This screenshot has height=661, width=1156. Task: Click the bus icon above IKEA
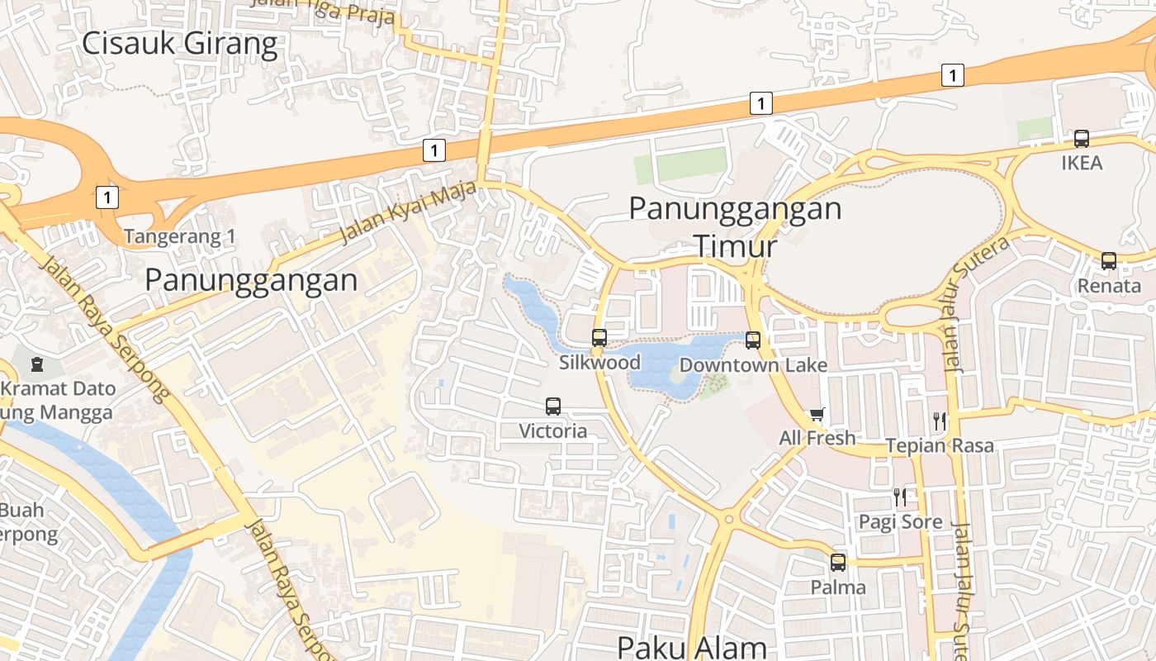[x=1082, y=139]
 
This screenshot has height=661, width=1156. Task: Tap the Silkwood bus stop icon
[x=599, y=337]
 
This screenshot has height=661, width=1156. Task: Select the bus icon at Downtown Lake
[x=753, y=340]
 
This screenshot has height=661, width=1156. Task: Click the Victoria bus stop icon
[x=553, y=407]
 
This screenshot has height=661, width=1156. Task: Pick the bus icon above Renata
[x=1109, y=261]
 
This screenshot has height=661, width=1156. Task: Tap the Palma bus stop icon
[x=838, y=563]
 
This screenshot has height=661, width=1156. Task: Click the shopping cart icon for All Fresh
[x=817, y=414]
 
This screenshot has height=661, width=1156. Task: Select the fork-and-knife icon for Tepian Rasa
[x=940, y=421]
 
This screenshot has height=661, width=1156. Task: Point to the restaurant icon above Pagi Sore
[x=900, y=497]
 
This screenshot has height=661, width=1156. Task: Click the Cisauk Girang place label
[x=179, y=43]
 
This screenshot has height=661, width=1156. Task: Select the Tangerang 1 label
[x=180, y=237]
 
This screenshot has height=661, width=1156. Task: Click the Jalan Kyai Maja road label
[x=408, y=213]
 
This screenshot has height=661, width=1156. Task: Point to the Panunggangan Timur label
[x=735, y=226]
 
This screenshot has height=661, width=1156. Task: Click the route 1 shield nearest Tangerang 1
[x=107, y=197]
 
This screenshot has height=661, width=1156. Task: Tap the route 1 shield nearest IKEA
[x=953, y=76]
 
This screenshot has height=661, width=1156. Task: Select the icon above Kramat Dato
[x=37, y=364]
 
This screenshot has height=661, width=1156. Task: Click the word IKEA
[x=1082, y=163]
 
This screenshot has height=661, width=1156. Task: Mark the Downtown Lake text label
[x=753, y=364]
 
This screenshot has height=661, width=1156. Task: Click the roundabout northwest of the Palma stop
[x=727, y=519]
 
